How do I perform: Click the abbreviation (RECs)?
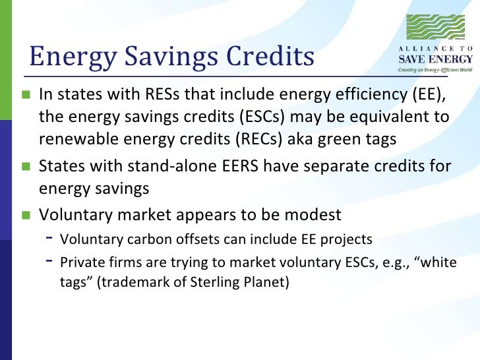[285, 140]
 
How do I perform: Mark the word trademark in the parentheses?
[121, 284]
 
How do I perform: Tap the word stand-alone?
[158, 166]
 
